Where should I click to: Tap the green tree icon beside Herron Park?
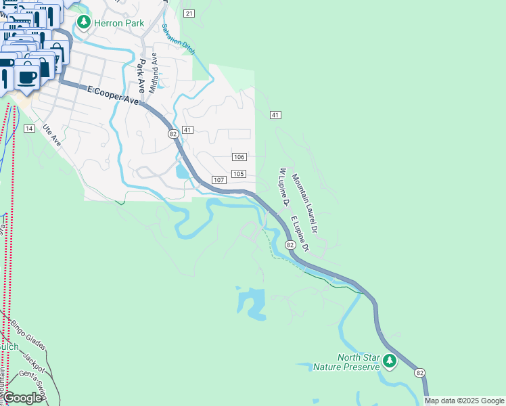pyautogui.click(x=84, y=22)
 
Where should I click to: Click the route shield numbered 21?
pyautogui.click(x=189, y=14)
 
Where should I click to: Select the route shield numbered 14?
pyautogui.click(x=29, y=128)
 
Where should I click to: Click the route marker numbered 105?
pyautogui.click(x=238, y=174)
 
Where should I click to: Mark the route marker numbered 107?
pyautogui.click(x=218, y=180)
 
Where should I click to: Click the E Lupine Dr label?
pyautogui.click(x=300, y=234)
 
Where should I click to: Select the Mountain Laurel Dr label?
pyautogui.click(x=305, y=204)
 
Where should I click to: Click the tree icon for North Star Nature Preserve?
pyautogui.click(x=389, y=361)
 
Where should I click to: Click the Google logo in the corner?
pyautogui.click(x=23, y=398)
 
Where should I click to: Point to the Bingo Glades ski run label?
pyautogui.click(x=28, y=335)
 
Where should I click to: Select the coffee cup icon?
pyautogui.click(x=27, y=77)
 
